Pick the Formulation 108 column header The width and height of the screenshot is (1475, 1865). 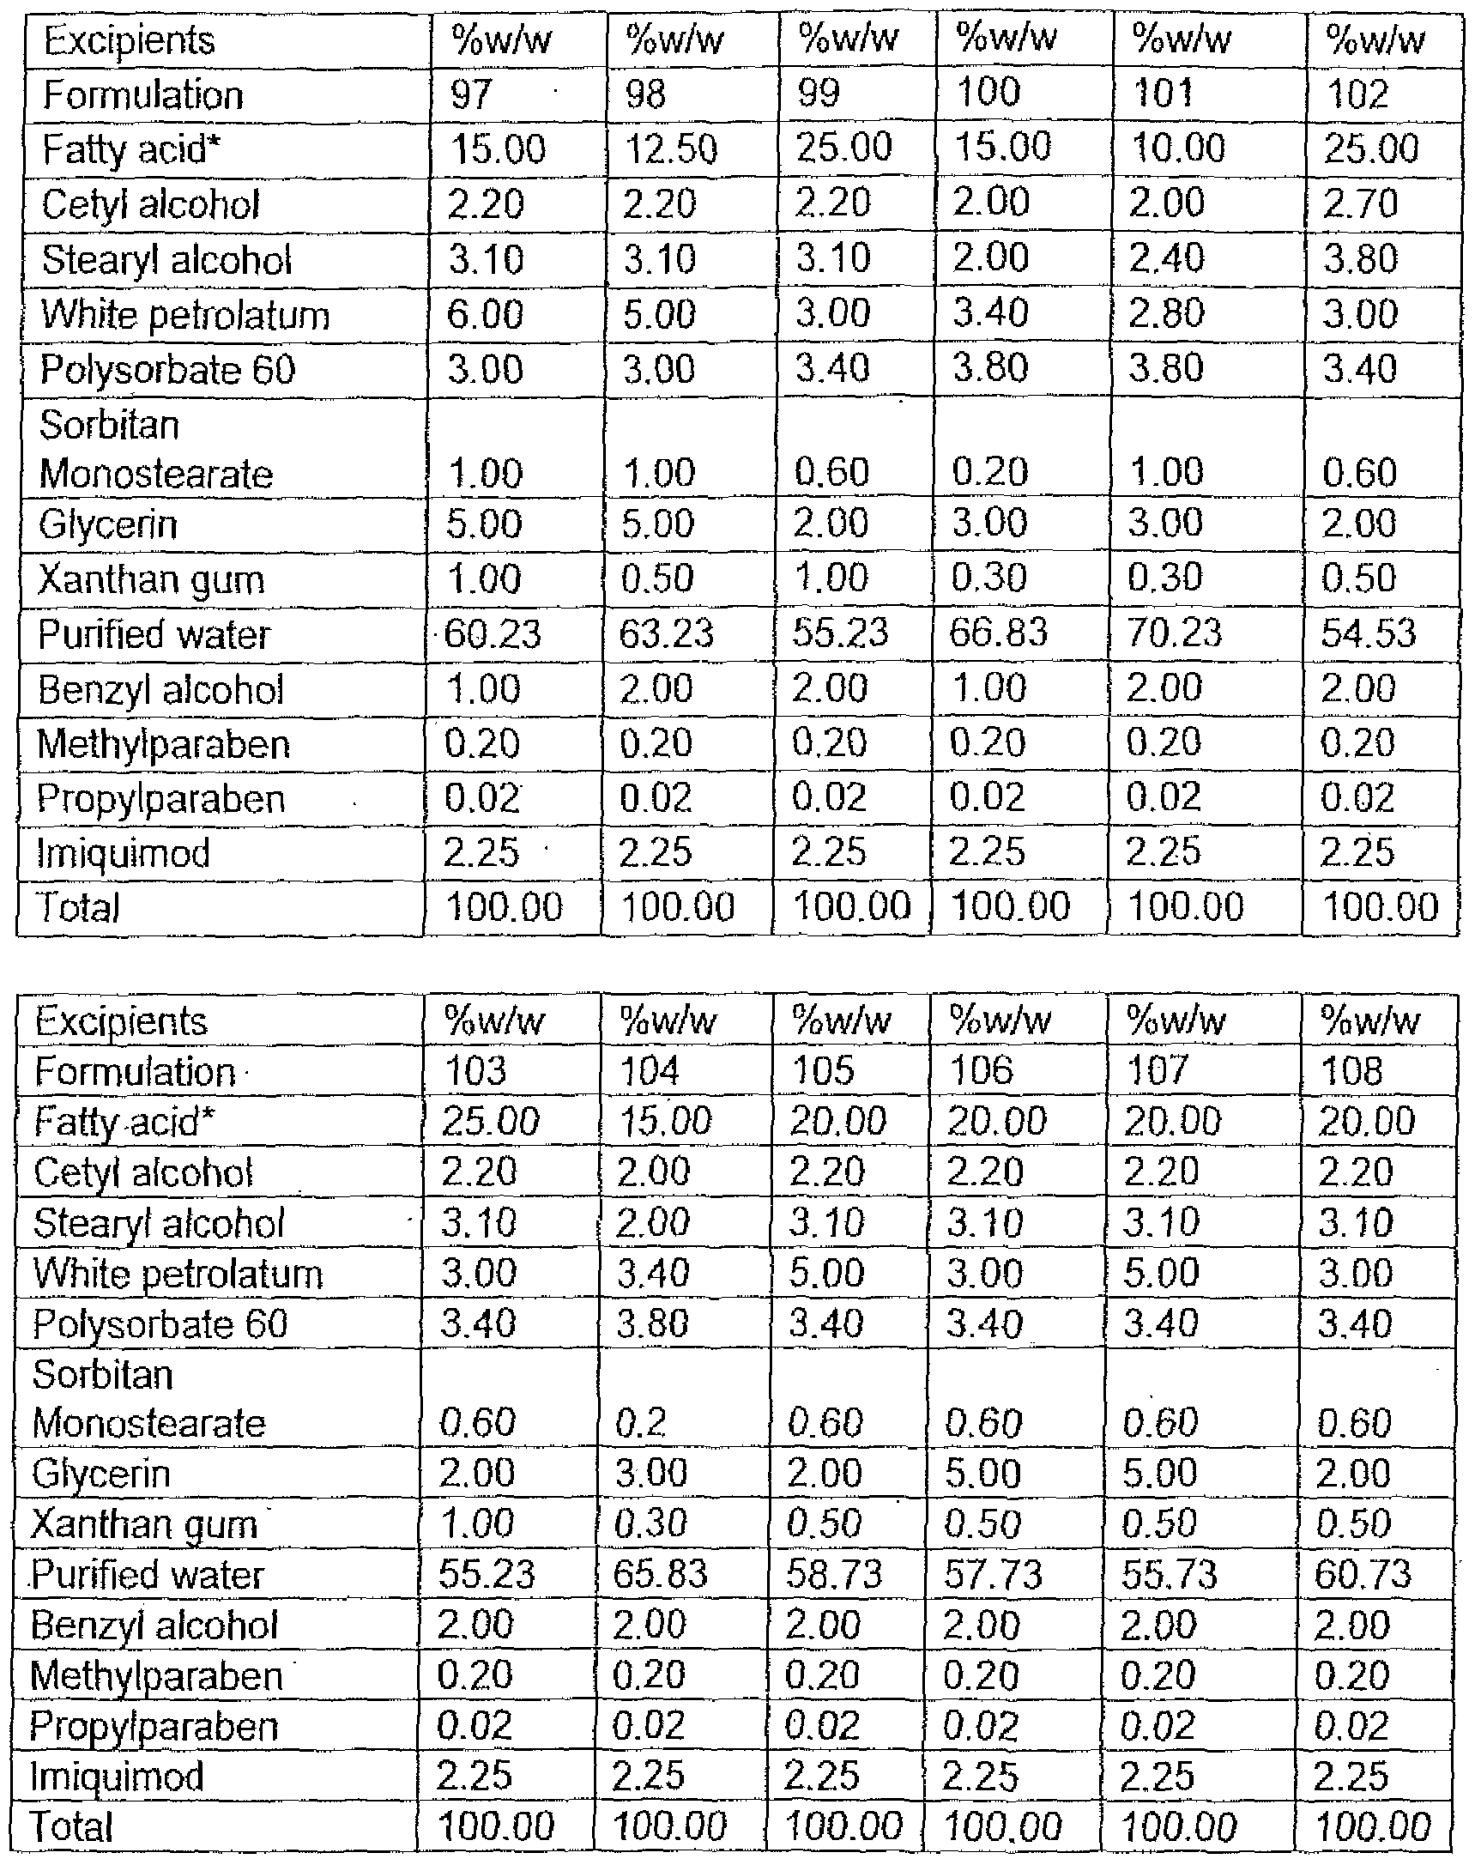[1351, 1071]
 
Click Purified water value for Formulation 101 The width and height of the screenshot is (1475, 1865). [1176, 634]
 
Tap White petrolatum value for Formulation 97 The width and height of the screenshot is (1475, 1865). [485, 314]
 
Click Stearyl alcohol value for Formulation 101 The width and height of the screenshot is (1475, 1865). [1167, 259]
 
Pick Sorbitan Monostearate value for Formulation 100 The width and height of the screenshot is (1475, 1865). [989, 473]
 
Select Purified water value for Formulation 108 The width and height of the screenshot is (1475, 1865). [1363, 1574]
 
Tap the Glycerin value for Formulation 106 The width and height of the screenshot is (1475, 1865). [982, 1473]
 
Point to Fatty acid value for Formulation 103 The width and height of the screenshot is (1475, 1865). [490, 1121]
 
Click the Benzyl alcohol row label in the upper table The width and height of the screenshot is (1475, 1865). [160, 690]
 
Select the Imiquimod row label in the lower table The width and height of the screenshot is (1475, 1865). [117, 1776]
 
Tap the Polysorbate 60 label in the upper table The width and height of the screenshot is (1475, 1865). [167, 370]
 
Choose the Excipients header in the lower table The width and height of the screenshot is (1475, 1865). [121, 1022]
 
